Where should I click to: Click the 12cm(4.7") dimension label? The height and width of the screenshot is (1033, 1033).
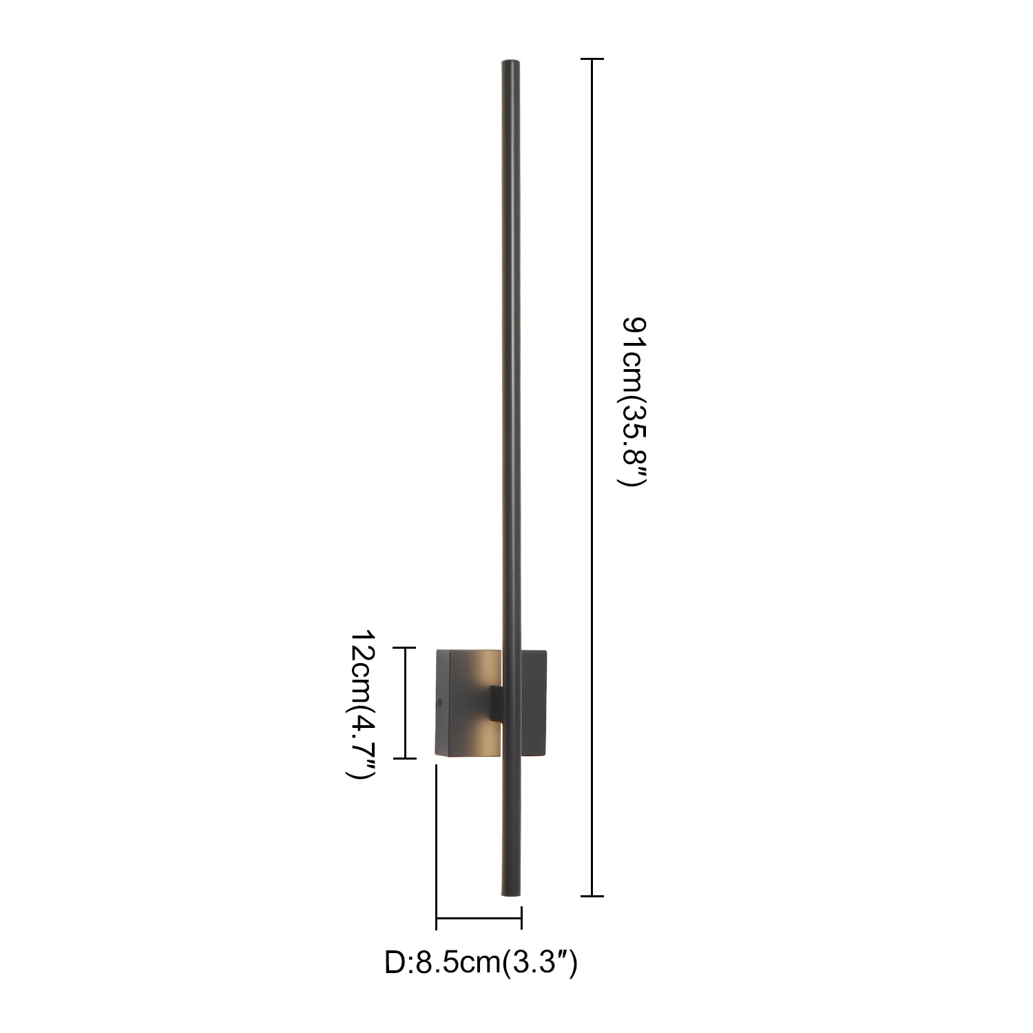(x=360, y=704)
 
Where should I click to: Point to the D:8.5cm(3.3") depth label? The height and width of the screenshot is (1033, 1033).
(x=481, y=963)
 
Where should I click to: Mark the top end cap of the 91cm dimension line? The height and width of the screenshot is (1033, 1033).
(x=592, y=60)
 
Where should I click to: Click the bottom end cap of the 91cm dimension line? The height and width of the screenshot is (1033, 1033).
(x=592, y=896)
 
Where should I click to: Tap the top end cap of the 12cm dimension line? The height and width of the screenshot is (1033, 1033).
(x=404, y=648)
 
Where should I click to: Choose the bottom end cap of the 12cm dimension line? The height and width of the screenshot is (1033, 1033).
(x=404, y=758)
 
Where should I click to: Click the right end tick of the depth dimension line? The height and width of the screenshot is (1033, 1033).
(x=521, y=918)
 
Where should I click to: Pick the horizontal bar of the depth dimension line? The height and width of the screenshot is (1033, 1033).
(x=479, y=918)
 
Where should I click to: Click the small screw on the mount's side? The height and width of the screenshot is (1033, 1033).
(x=439, y=702)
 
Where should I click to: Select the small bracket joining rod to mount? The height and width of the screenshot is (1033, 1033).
(x=497, y=702)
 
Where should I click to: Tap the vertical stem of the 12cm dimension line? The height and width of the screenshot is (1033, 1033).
(x=404, y=702)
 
